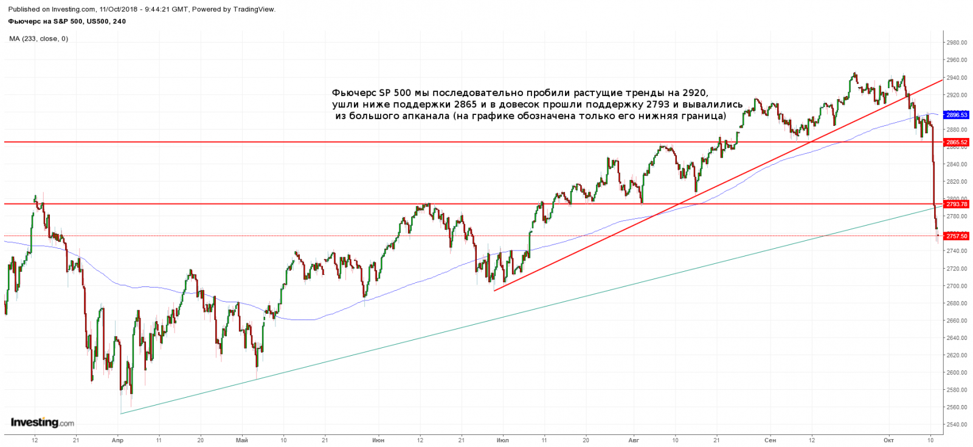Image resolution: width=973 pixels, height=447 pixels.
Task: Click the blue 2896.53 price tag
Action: (x=957, y=115)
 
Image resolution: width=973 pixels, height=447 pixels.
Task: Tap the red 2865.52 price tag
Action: (x=957, y=142)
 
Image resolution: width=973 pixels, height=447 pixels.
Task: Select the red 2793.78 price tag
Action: (x=957, y=204)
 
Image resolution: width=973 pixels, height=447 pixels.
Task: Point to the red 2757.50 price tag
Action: (x=957, y=236)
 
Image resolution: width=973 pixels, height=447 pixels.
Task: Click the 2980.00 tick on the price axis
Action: (x=957, y=43)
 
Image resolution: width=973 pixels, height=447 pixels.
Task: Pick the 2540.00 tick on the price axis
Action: (x=957, y=424)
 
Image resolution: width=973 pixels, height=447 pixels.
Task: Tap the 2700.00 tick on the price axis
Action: (x=957, y=286)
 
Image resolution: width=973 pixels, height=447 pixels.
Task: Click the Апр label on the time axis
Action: (x=118, y=440)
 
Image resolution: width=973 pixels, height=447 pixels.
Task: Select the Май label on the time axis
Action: (x=242, y=440)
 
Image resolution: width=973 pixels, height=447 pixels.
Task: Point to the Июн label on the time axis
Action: (x=378, y=440)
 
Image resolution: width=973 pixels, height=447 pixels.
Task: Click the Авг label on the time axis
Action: (x=634, y=440)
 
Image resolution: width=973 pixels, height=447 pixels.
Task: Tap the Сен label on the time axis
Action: (x=770, y=440)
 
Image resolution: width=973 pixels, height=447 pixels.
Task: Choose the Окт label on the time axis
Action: (x=888, y=440)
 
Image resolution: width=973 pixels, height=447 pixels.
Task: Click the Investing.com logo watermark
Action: (x=43, y=423)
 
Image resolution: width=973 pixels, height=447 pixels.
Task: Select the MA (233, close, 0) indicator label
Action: (x=38, y=39)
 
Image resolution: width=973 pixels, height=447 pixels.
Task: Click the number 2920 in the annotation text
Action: (x=695, y=93)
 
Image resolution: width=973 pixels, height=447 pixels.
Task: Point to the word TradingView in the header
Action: (x=254, y=9)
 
